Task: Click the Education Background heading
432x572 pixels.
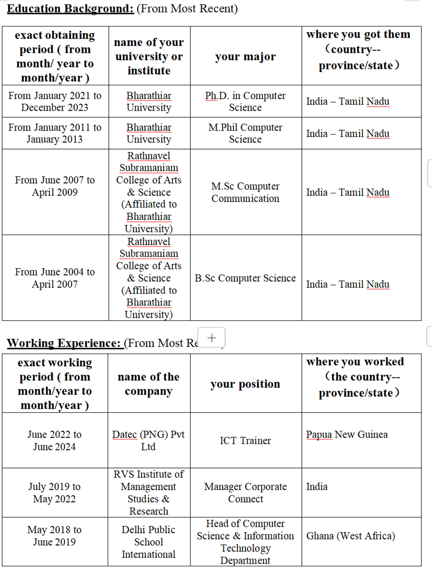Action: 70,8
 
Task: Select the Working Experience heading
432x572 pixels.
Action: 64,343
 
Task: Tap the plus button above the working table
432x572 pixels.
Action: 212,338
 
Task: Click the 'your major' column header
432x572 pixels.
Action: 245,57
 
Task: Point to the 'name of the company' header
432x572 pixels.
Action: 149,384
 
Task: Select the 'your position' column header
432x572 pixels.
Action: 245,384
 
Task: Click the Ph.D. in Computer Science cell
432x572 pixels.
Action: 245,101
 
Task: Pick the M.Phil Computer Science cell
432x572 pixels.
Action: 245,133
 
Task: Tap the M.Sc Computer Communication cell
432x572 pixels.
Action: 245,192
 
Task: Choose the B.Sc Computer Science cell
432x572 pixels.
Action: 245,278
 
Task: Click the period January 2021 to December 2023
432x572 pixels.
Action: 55,101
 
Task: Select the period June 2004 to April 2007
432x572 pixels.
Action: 55,278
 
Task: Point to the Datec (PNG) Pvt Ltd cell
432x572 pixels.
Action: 149,441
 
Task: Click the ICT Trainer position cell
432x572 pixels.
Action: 245,441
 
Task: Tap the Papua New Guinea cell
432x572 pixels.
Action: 347,435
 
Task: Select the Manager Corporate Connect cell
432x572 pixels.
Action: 245,492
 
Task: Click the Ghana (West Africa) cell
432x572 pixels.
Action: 351,536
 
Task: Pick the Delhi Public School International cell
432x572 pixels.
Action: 149,542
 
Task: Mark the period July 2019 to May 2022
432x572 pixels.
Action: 55,492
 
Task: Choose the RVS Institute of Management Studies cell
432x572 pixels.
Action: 149,492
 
